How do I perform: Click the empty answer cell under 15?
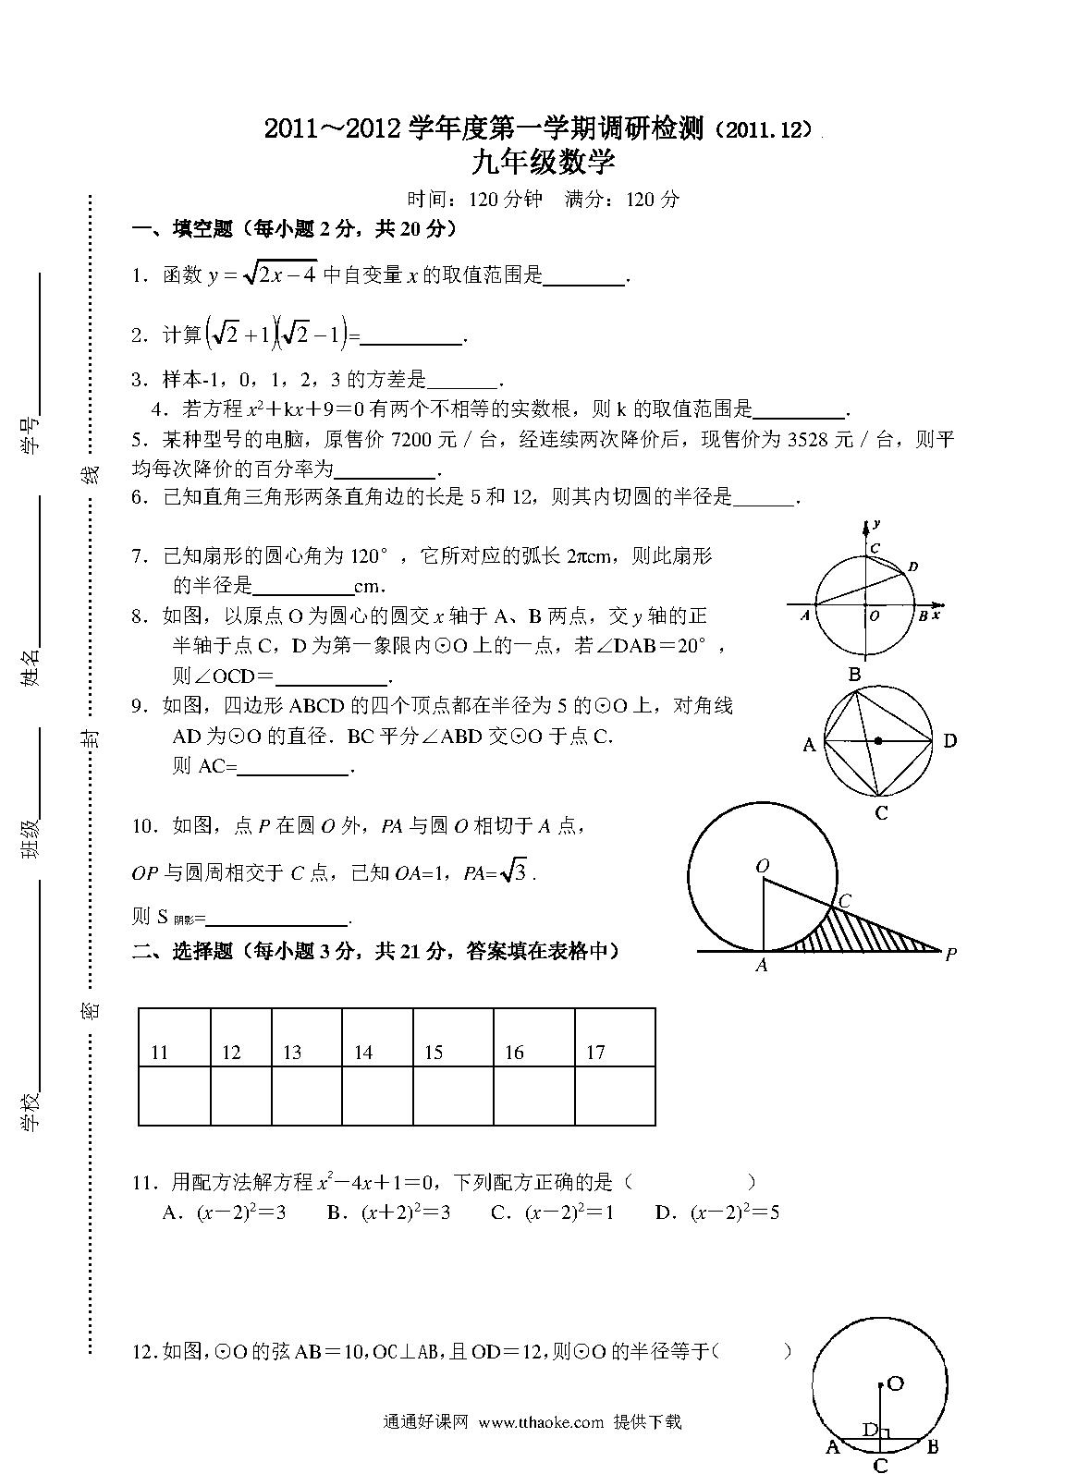click(x=453, y=1096)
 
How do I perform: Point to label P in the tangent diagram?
click(x=949, y=956)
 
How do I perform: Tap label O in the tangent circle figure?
click(x=763, y=866)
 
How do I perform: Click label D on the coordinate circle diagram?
click(x=912, y=566)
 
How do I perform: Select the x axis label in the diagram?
click(x=936, y=614)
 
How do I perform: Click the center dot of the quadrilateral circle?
click(x=878, y=740)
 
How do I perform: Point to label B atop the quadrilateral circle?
click(x=855, y=675)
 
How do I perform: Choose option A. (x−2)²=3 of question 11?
click(x=224, y=1212)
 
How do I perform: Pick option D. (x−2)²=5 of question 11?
click(x=716, y=1212)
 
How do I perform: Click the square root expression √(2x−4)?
click(x=278, y=273)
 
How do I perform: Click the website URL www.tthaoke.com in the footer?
click(x=542, y=1422)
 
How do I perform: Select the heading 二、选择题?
click(x=184, y=951)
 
